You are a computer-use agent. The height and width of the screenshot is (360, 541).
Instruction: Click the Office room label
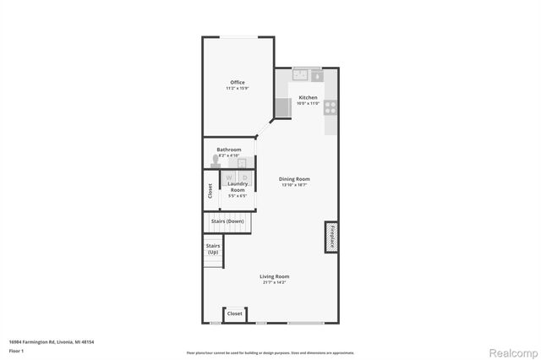[x=237, y=82]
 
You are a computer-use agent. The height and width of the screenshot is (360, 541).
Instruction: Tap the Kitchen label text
[x=308, y=98]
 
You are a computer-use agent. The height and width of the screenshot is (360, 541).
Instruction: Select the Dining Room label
[x=296, y=178]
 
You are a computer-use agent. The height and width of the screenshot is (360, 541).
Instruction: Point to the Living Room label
[x=274, y=277]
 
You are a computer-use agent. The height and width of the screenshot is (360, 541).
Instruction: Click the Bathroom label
[x=228, y=150]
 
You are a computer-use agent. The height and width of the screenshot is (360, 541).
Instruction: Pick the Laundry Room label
[x=237, y=187]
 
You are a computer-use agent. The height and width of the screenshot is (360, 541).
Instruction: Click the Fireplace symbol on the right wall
[x=332, y=237]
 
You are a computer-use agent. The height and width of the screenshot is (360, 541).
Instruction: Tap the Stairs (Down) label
[x=229, y=221]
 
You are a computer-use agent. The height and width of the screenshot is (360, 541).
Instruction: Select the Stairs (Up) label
[x=213, y=248]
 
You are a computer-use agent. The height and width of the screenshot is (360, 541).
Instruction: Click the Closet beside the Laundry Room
[x=210, y=191]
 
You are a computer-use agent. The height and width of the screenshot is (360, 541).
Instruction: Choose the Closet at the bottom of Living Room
[x=235, y=314]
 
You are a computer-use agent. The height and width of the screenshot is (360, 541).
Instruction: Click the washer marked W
[x=229, y=177]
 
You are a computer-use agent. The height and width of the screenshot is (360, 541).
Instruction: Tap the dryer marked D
[x=244, y=177]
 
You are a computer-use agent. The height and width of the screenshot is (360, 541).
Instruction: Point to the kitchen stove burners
[x=331, y=107]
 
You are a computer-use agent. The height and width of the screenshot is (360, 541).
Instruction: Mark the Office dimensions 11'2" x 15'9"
[x=237, y=89]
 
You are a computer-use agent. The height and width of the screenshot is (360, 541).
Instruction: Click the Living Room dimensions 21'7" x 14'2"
[x=274, y=283]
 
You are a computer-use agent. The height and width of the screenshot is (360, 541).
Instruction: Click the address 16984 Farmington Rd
[x=51, y=341]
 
